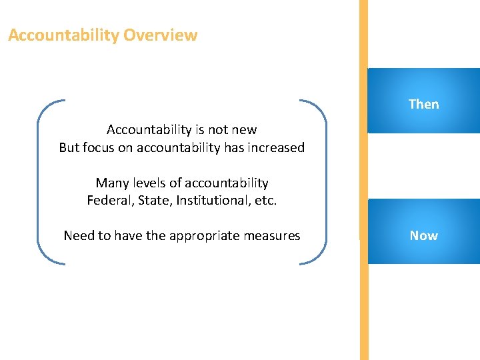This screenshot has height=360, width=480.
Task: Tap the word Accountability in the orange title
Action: (63, 35)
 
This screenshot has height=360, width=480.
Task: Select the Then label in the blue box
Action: (423, 104)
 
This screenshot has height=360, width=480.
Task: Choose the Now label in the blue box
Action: (423, 235)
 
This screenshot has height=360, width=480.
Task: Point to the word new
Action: (243, 129)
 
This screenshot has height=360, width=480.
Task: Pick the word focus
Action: (99, 147)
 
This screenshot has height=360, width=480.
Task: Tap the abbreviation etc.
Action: (265, 200)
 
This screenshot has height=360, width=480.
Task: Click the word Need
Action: (79, 235)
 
